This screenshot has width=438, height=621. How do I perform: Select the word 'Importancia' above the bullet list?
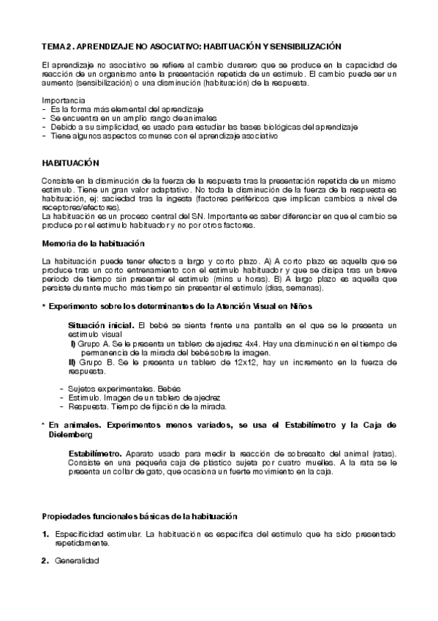(62, 100)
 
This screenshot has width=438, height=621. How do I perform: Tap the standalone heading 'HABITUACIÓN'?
(71, 162)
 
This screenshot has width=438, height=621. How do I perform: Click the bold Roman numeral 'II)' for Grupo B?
(72, 362)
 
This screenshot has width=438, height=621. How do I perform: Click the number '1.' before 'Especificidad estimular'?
(46, 535)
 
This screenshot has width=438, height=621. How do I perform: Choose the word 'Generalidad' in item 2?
(77, 561)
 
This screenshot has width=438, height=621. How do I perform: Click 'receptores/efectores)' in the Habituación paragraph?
(76, 207)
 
